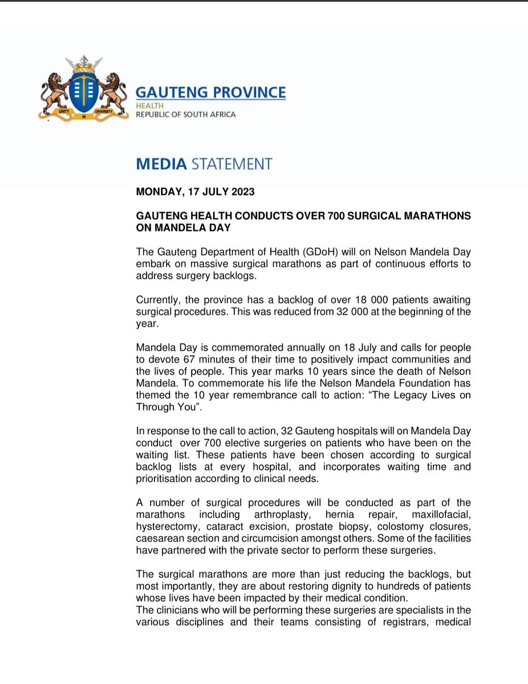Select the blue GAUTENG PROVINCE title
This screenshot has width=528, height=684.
210,92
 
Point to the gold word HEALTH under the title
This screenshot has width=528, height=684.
149,106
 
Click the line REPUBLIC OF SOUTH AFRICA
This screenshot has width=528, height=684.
185,115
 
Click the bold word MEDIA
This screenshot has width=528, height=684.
161,164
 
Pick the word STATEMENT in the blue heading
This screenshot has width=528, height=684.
231,164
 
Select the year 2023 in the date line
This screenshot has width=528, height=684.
242,192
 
